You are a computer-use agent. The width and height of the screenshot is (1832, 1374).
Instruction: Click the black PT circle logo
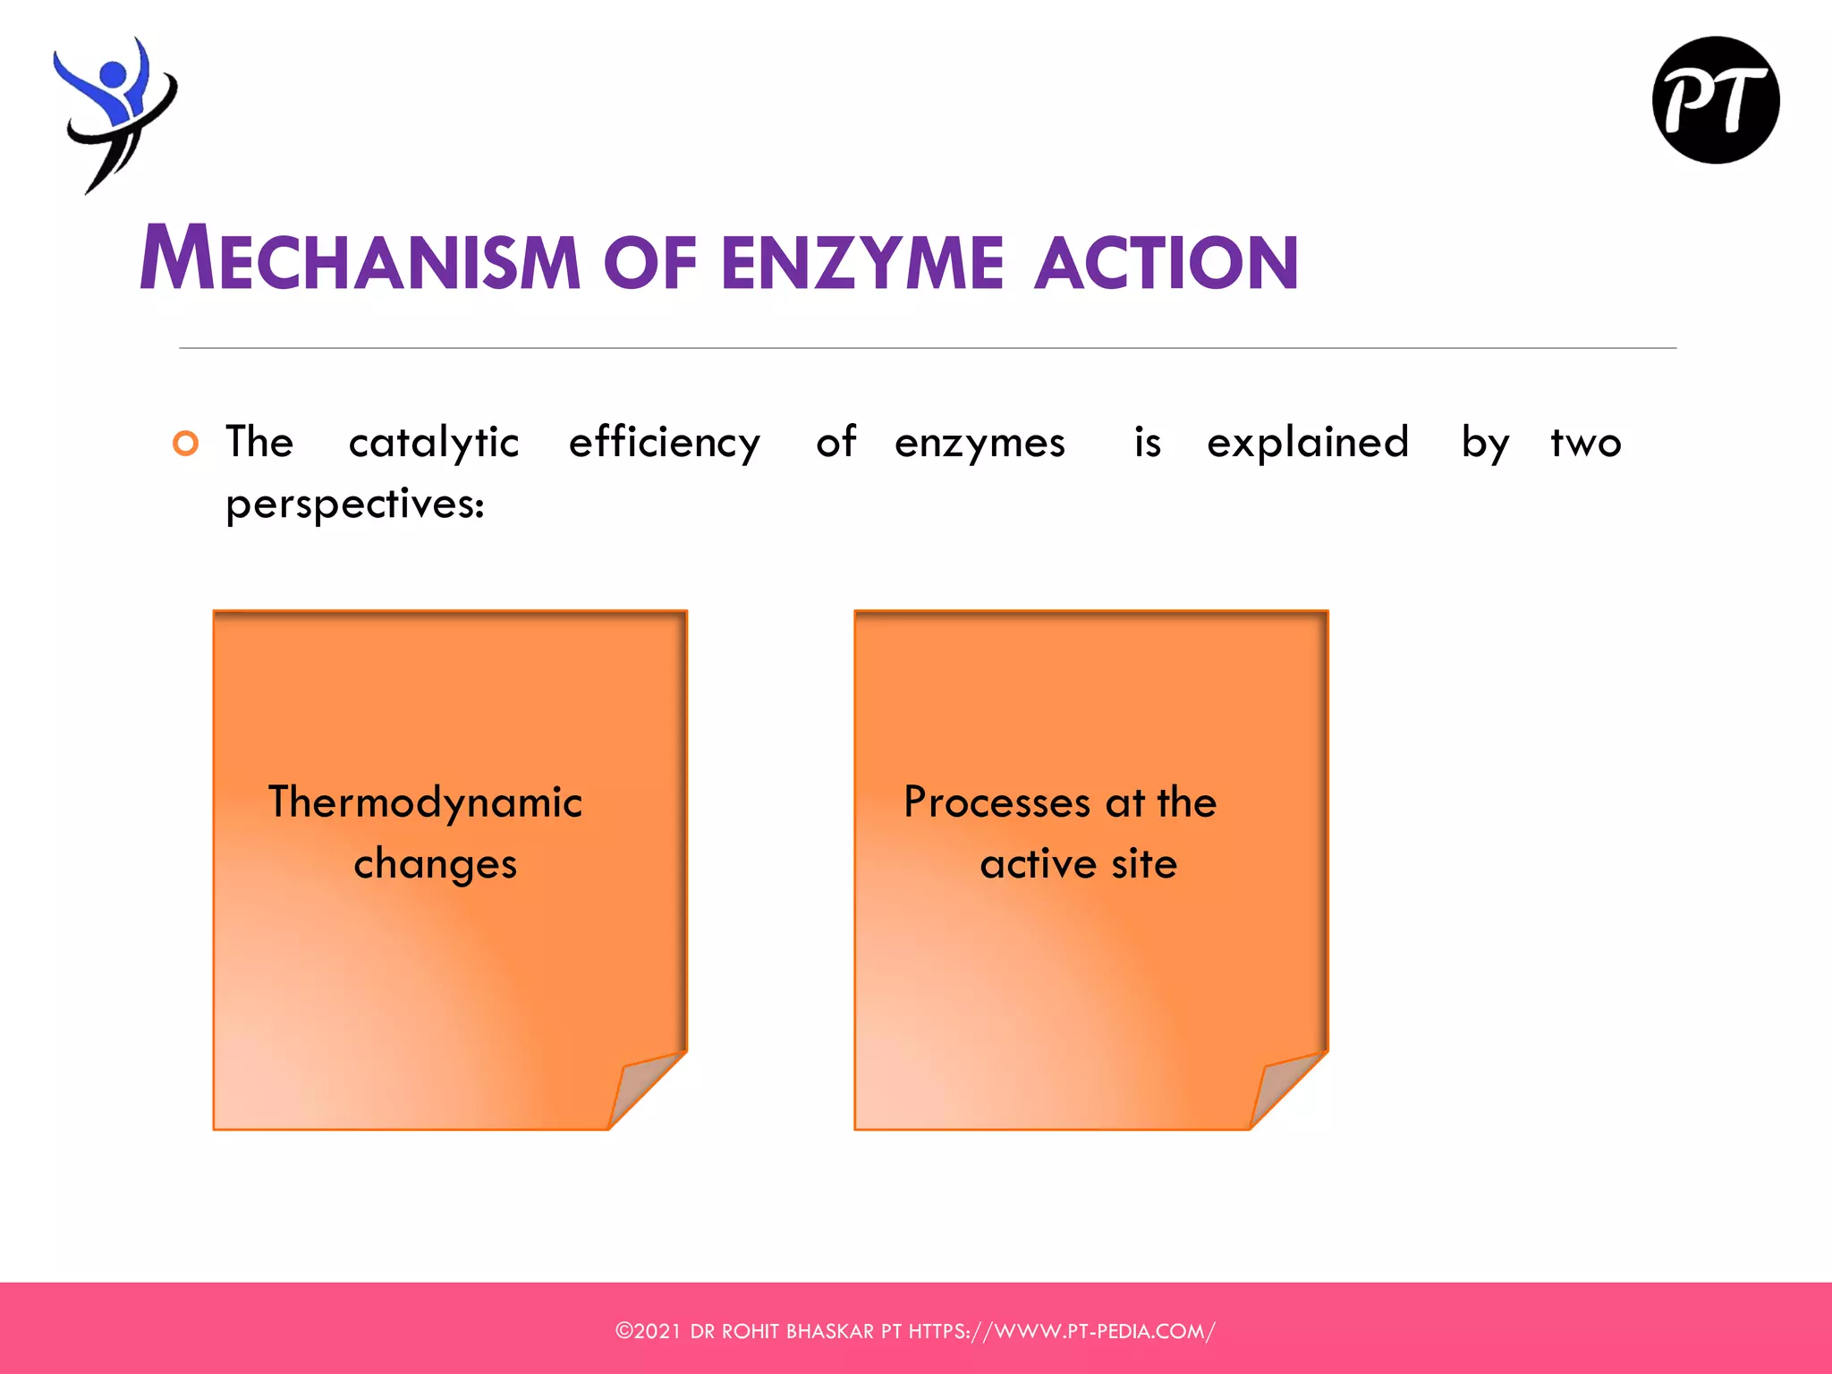pyautogui.click(x=1715, y=100)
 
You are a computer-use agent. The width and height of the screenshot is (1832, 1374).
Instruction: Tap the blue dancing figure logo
pyautogui.click(x=114, y=112)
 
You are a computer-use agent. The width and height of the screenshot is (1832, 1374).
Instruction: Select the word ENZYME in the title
pyautogui.click(x=862, y=263)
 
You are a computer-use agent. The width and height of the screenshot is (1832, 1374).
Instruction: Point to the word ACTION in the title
pyautogui.click(x=1166, y=263)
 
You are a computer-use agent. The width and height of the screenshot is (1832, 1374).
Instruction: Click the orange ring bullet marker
pyautogui.click(x=185, y=444)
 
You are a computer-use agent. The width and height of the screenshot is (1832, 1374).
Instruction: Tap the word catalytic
pyautogui.click(x=434, y=444)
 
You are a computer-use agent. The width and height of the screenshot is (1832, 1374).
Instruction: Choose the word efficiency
pyautogui.click(x=665, y=444)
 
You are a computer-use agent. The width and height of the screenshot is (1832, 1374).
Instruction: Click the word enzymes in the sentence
pyautogui.click(x=980, y=444)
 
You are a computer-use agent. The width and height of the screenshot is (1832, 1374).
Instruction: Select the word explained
pyautogui.click(x=1308, y=444)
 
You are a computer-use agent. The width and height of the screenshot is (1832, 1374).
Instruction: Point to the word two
pyautogui.click(x=1585, y=444)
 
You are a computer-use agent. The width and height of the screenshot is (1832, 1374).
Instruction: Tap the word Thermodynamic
pyautogui.click(x=425, y=801)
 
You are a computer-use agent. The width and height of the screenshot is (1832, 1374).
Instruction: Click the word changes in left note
pyautogui.click(x=436, y=864)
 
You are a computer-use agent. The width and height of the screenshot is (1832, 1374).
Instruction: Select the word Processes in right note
pyautogui.click(x=996, y=801)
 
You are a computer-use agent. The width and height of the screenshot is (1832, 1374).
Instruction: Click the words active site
pyautogui.click(x=1078, y=864)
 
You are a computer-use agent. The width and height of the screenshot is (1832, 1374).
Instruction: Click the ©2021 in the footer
pyautogui.click(x=649, y=1331)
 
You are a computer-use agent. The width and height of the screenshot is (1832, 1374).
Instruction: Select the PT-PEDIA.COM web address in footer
pyautogui.click(x=1061, y=1331)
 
